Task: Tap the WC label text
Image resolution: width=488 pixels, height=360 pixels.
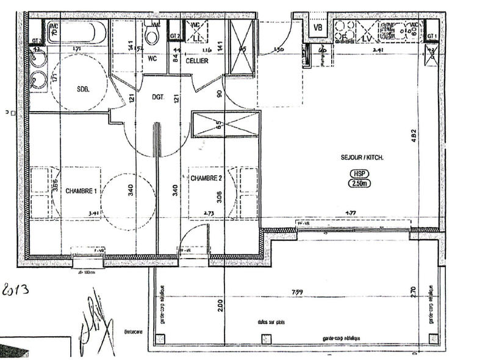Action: (x=153, y=60)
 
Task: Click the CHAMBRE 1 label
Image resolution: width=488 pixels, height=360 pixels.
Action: (x=82, y=190)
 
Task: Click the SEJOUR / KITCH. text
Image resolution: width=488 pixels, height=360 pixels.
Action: (x=362, y=157)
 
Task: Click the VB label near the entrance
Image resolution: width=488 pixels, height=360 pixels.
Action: (x=317, y=27)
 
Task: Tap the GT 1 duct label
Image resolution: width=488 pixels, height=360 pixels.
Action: (x=432, y=37)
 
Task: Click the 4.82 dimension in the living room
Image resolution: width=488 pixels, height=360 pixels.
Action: (x=414, y=138)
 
